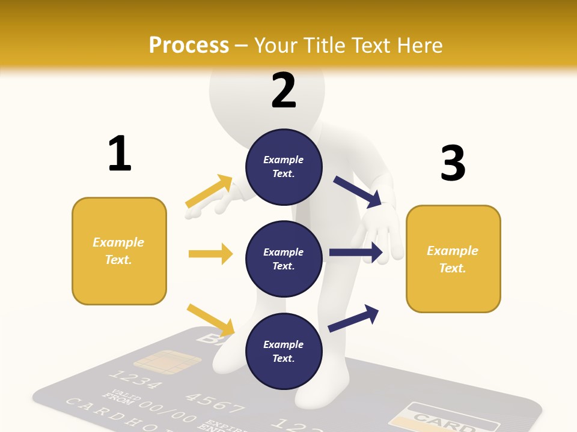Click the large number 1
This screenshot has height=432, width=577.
(x=120, y=154)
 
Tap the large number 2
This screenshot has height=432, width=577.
(x=284, y=91)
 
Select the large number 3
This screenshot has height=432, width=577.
(x=453, y=163)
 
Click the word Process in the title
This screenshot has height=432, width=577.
(x=189, y=45)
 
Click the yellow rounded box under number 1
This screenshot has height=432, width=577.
(x=119, y=251)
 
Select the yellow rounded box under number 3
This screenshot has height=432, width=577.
(x=453, y=259)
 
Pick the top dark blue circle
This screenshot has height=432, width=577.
(x=284, y=167)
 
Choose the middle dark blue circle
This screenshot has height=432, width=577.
(x=284, y=259)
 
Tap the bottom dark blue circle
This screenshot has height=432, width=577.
(x=284, y=351)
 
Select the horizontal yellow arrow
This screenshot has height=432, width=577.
(x=210, y=254)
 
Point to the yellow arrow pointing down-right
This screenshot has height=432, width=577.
(x=211, y=320)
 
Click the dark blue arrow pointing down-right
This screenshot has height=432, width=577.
(x=358, y=191)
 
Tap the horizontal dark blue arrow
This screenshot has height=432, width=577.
(x=356, y=253)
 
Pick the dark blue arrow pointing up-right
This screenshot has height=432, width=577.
(x=353, y=318)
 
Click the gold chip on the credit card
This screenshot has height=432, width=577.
(x=167, y=361)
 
